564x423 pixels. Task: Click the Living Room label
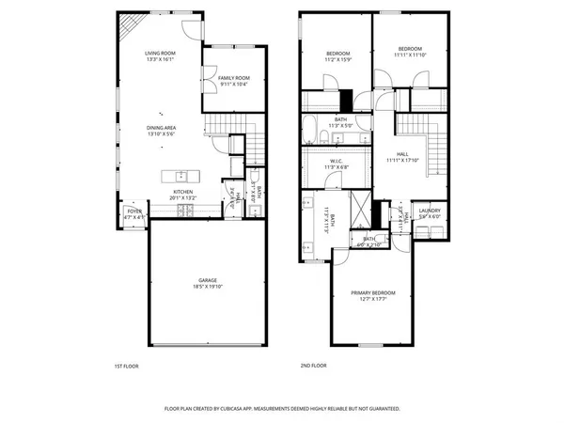point(159,54)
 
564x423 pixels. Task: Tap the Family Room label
point(234,77)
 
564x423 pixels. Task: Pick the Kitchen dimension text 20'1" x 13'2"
point(182,198)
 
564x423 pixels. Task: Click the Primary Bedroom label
point(373,293)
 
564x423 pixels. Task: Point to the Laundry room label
point(430,211)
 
